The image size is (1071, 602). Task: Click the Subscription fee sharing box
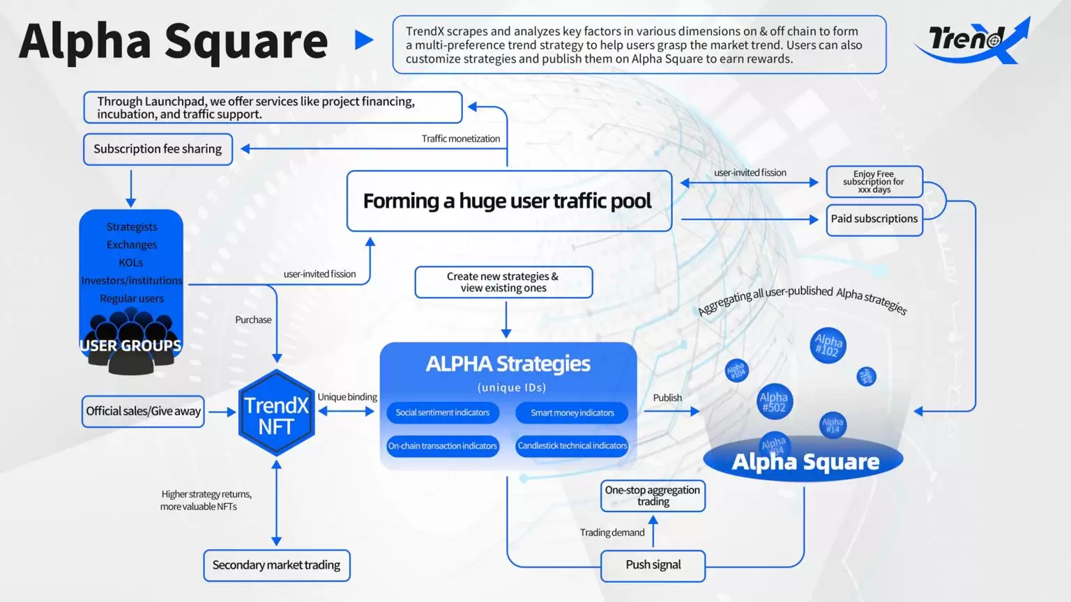(x=158, y=149)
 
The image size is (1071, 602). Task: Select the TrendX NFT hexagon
(x=276, y=414)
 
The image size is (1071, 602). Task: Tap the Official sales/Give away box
(x=143, y=411)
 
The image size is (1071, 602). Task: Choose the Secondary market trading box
(x=276, y=565)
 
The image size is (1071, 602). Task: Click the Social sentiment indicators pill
(x=443, y=412)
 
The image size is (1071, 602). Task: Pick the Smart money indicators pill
(x=572, y=412)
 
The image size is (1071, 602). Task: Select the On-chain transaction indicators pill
(x=443, y=446)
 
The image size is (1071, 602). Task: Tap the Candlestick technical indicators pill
(x=572, y=446)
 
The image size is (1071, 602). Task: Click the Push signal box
(x=653, y=565)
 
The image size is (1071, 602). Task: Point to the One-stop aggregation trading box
(x=653, y=496)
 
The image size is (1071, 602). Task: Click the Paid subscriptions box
(x=874, y=219)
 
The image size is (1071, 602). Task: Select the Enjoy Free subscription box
(x=874, y=182)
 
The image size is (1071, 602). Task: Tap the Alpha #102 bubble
(x=828, y=345)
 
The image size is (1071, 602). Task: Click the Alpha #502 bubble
(x=774, y=402)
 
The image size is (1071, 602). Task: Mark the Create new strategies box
(x=503, y=282)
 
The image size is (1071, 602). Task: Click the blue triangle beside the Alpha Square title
(x=363, y=40)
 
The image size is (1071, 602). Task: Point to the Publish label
(x=667, y=398)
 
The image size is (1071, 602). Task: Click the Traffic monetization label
(x=460, y=139)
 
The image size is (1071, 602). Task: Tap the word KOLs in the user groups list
(x=131, y=263)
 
